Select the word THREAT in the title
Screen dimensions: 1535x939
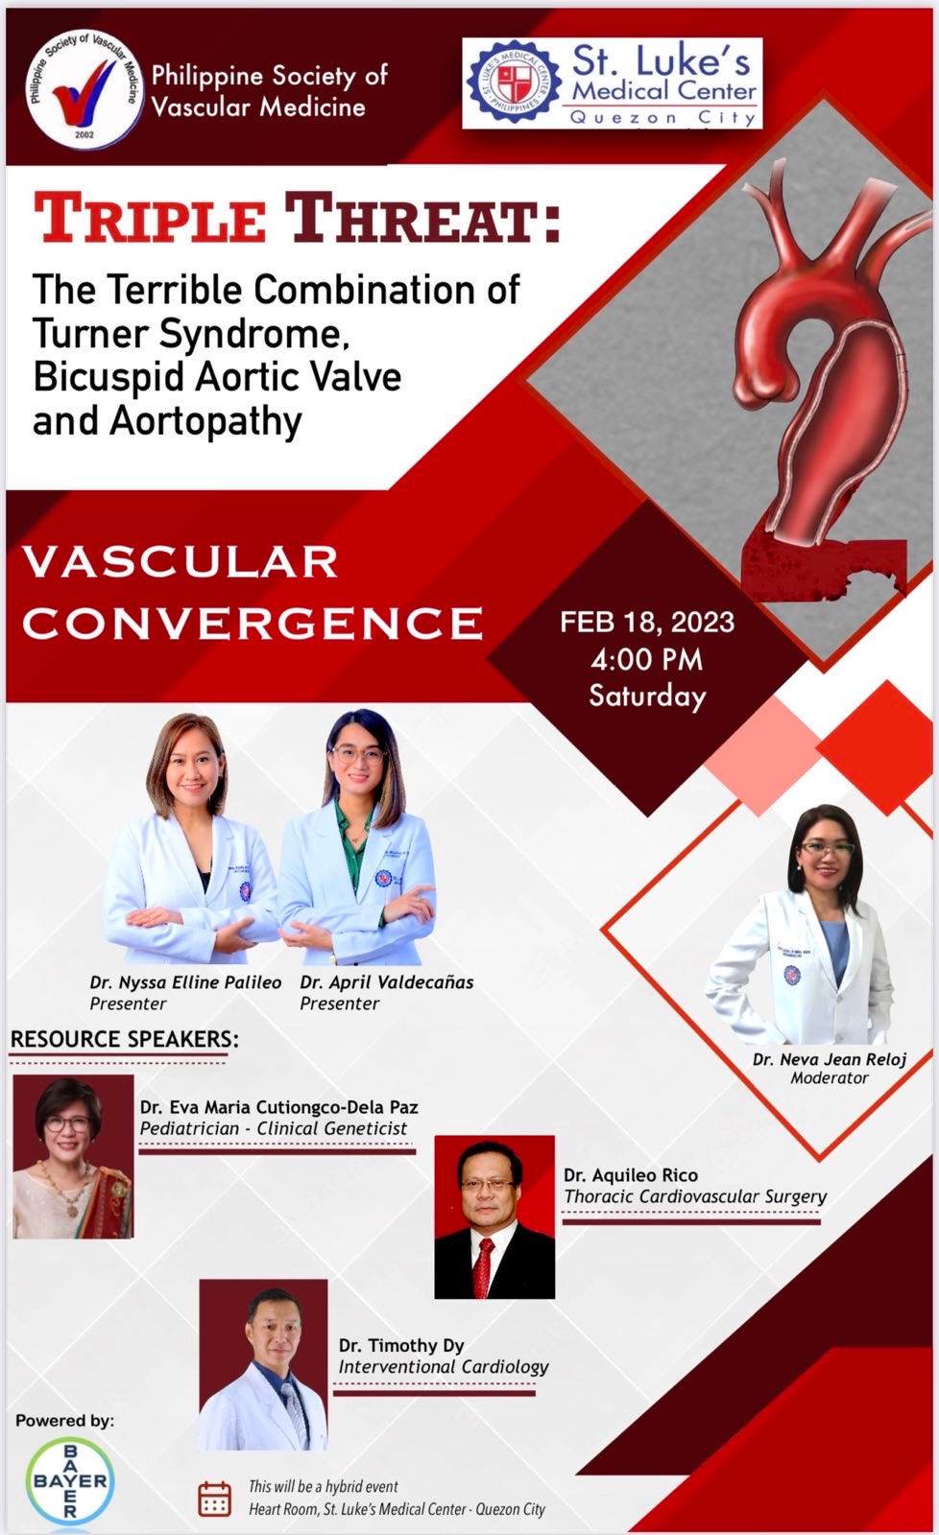pyautogui.click(x=419, y=218)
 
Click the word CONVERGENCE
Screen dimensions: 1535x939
pyautogui.click(x=253, y=623)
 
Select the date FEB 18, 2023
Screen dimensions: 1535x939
pyautogui.click(x=647, y=622)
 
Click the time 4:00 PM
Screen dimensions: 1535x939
pyautogui.click(x=647, y=659)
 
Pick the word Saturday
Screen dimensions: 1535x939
pyautogui.click(x=647, y=696)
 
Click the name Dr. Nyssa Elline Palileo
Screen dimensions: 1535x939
pyautogui.click(x=185, y=982)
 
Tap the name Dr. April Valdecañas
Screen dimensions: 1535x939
pyautogui.click(x=386, y=982)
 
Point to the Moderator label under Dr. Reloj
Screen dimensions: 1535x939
pyautogui.click(x=830, y=1078)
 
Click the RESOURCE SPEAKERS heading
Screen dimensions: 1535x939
pyautogui.click(x=124, y=1039)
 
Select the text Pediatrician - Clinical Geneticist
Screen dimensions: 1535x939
pyautogui.click(x=274, y=1129)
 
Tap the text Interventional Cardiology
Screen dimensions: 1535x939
pyautogui.click(x=443, y=1367)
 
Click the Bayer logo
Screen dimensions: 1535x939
pyautogui.click(x=69, y=1480)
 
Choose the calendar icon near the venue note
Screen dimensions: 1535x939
pyautogui.click(x=214, y=1499)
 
